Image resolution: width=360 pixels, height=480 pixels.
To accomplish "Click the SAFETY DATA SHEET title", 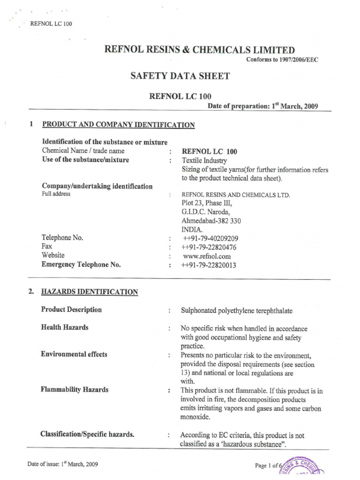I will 180,75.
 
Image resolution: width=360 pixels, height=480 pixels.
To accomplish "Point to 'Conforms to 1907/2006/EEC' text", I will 282,60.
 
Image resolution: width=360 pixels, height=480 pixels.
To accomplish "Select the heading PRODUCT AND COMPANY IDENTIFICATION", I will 119,125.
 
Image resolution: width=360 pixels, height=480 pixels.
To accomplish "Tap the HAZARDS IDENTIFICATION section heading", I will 90,292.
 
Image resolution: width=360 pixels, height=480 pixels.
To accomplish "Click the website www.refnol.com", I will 207,256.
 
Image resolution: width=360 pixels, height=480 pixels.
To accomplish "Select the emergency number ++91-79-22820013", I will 209,265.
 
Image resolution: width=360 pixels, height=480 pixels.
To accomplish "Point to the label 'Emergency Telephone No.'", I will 81,265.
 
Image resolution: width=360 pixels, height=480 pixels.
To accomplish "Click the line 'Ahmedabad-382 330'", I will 211,221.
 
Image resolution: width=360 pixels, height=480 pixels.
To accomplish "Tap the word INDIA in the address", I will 192,229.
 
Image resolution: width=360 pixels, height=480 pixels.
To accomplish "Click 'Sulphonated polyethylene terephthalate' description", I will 237,310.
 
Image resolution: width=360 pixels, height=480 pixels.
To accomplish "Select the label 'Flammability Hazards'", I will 75,390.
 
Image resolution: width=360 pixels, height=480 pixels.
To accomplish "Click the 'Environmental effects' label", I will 74,354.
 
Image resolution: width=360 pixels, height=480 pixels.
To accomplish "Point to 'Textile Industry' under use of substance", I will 204,160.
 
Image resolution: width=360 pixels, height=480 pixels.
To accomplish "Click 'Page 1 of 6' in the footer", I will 266,465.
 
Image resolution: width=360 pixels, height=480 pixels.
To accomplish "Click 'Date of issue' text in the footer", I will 63,465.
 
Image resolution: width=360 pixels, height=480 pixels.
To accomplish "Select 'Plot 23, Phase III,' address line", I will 206,203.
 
